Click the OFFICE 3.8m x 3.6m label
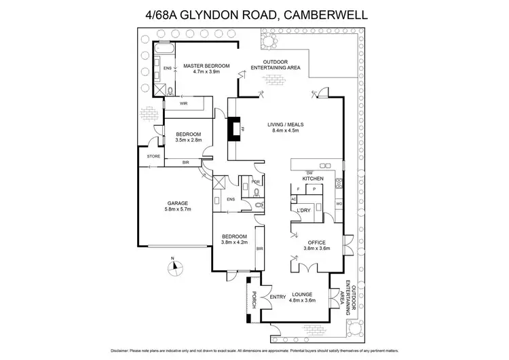click(x=316, y=245)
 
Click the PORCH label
click(x=254, y=300)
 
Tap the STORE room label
click(x=153, y=156)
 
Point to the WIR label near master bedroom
click(x=183, y=104)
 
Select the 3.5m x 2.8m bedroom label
click(x=188, y=137)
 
